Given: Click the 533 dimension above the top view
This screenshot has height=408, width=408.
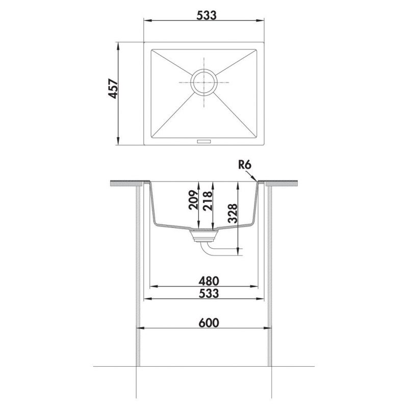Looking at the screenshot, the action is click(x=207, y=15).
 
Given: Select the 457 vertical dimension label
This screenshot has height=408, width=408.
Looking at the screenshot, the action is click(x=113, y=88).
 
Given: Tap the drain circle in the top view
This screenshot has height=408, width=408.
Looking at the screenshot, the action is click(x=203, y=82).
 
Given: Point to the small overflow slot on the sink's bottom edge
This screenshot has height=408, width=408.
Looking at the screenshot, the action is click(x=204, y=141).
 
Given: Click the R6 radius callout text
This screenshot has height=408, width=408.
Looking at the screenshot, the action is click(x=244, y=165).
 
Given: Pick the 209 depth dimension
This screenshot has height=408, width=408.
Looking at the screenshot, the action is click(x=193, y=200).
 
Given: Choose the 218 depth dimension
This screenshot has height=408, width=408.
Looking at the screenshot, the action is click(x=208, y=201).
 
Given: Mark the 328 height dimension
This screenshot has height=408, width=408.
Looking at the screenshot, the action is click(x=233, y=213).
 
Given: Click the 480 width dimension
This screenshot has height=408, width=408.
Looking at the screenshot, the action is click(x=209, y=281).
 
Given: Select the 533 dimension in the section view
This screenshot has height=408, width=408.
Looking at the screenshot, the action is click(x=209, y=294).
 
